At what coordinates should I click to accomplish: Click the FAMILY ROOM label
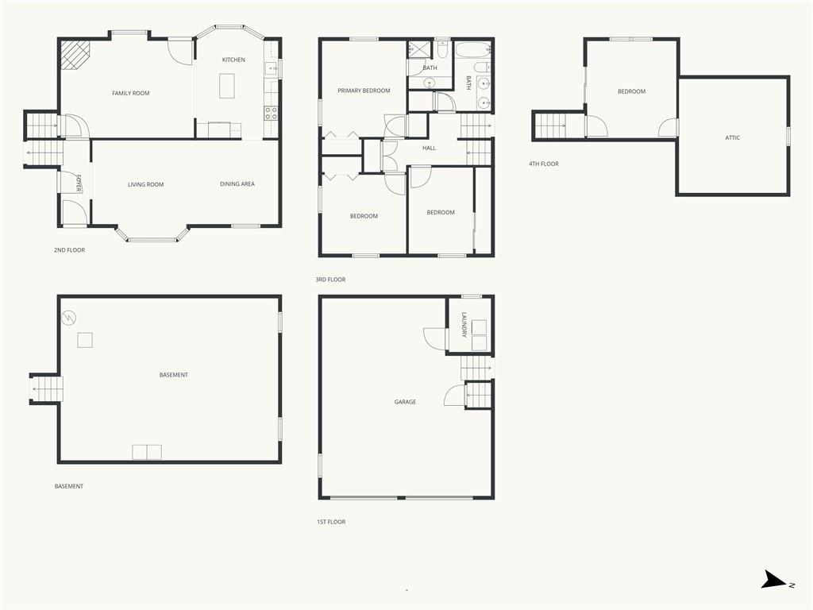coord(130,94)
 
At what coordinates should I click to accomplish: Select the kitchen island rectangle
coord(227,86)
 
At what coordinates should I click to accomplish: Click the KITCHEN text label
coord(233,60)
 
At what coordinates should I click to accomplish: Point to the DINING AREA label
coord(237,184)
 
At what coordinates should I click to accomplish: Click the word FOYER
coord(79,183)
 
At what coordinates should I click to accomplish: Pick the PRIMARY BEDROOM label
coord(364,91)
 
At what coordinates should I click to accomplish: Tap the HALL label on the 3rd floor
coord(429,149)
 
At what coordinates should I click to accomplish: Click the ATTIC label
coord(732,138)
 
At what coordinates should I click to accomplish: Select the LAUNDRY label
coord(464,324)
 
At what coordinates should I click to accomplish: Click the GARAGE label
coord(405,402)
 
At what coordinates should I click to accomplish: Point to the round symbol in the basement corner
coord(69,318)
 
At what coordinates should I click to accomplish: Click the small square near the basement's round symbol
coord(85,340)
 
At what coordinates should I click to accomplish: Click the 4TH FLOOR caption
coord(544,164)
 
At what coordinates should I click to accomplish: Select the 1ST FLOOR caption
coord(330,522)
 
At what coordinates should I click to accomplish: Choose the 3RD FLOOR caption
coord(330,280)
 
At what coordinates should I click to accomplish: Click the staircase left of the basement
coord(46,389)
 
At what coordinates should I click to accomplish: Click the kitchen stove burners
coord(271,113)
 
